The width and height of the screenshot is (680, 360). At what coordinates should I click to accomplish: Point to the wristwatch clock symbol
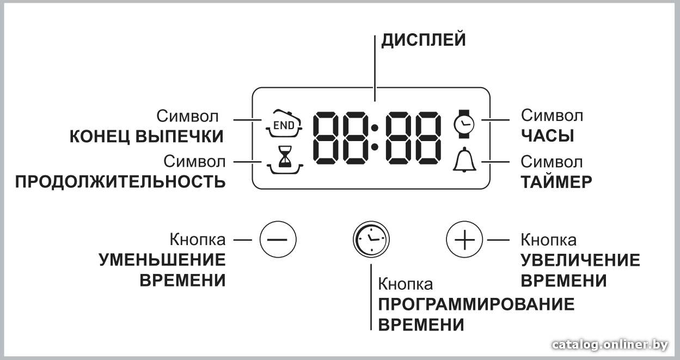[463, 124]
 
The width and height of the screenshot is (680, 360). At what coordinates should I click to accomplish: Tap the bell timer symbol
[464, 160]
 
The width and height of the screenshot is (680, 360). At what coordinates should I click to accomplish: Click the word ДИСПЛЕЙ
[424, 40]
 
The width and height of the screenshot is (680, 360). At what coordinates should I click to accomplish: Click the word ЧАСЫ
[547, 136]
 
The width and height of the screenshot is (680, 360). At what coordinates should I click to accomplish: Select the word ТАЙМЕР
[556, 182]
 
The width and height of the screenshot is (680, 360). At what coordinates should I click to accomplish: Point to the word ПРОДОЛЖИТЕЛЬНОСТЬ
[120, 182]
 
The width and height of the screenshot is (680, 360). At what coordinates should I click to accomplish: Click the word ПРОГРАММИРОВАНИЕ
[476, 304]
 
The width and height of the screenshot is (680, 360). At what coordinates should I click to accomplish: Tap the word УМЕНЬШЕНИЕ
[162, 260]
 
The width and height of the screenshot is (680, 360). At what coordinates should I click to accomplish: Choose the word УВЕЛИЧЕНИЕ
[580, 260]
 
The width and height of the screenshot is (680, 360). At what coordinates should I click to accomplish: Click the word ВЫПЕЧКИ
[179, 136]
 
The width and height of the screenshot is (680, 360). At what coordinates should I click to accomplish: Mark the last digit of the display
[428, 138]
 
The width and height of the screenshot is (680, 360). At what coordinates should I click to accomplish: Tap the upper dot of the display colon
[375, 127]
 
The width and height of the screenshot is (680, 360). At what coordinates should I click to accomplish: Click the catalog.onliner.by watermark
[610, 345]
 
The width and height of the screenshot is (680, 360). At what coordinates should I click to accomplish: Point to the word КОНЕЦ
[100, 136]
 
